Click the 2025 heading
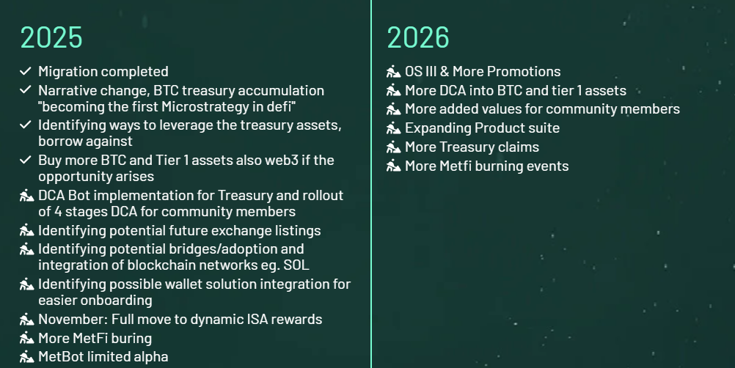point(51,37)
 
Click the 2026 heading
point(418,37)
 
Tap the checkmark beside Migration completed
point(26,71)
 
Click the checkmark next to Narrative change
point(26,90)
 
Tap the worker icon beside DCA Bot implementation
point(26,195)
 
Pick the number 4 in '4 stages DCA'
point(58,212)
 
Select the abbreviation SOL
point(296,265)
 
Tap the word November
point(73,320)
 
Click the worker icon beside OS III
point(394,71)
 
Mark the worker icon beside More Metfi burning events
point(394,166)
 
